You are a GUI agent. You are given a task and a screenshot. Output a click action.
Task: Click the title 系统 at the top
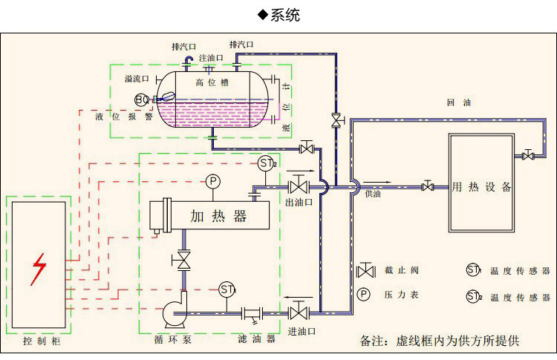tap(284, 15)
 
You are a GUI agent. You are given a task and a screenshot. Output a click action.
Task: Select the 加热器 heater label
tap(219, 217)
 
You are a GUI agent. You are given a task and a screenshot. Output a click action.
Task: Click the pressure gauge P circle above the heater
tap(213, 181)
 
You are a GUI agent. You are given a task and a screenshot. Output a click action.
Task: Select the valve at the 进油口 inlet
tap(300, 310)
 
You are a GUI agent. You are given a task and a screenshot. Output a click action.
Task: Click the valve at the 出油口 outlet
tap(299, 184)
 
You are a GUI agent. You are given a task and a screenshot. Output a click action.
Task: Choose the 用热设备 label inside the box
tap(482, 187)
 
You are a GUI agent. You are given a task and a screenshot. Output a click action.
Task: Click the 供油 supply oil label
tap(373, 194)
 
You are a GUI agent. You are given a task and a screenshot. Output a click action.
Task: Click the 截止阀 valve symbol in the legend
tap(365, 270)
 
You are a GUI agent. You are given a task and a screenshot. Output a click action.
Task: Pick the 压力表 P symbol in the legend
tap(364, 295)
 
